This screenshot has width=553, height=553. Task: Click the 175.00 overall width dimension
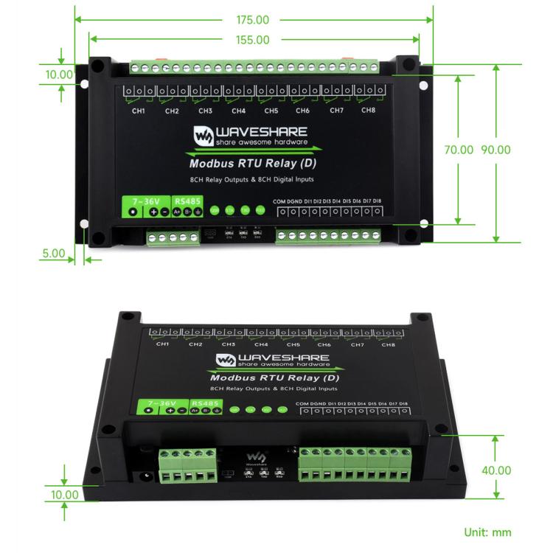(254, 20)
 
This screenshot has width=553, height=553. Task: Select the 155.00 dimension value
(254, 40)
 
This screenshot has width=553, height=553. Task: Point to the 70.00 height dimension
(458, 150)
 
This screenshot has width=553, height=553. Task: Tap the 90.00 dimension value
(495, 150)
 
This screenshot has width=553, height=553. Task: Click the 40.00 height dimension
(495, 470)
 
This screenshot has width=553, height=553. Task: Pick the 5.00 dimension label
(53, 252)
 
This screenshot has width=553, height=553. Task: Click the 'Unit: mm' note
(487, 532)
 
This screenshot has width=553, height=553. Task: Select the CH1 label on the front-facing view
(138, 111)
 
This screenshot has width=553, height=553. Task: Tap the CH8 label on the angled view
(389, 344)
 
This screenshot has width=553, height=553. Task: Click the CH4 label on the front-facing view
(238, 111)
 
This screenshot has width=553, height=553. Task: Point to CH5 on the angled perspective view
(293, 344)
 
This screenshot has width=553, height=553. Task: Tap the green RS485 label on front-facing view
(187, 200)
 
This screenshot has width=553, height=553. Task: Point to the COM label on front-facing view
(278, 201)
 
